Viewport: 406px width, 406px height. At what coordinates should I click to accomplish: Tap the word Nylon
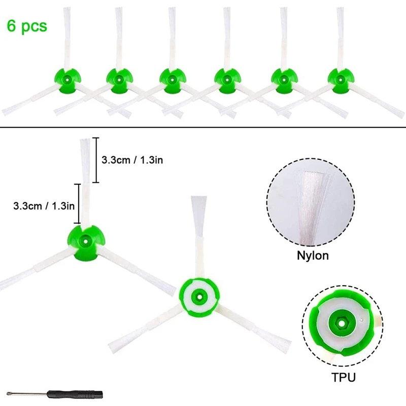pyautogui.click(x=313, y=256)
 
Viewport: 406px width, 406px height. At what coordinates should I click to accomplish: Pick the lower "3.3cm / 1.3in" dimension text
pyautogui.click(x=44, y=205)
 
